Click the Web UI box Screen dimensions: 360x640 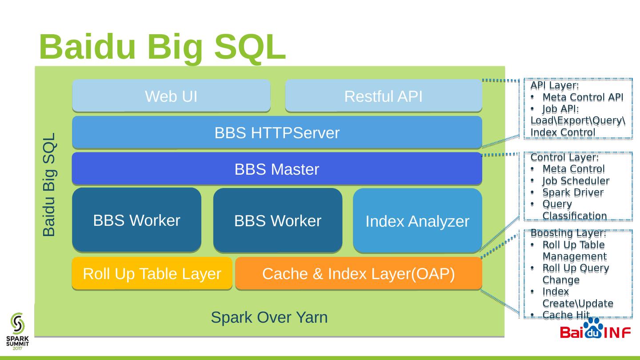(x=171, y=96)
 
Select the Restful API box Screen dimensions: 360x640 (x=383, y=96)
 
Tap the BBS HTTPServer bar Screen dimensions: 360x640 (x=277, y=132)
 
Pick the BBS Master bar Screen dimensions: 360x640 (x=277, y=169)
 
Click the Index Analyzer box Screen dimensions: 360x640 (x=417, y=221)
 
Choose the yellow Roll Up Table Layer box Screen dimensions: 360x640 (x=152, y=274)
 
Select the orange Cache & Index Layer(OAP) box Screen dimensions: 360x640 (x=359, y=274)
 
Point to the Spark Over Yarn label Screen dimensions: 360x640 (x=269, y=317)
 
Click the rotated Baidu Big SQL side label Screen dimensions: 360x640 (x=49, y=184)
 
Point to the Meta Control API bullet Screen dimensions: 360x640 (x=583, y=97)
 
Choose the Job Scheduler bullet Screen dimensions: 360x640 (x=576, y=181)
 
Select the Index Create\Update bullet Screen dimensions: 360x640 (x=577, y=298)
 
